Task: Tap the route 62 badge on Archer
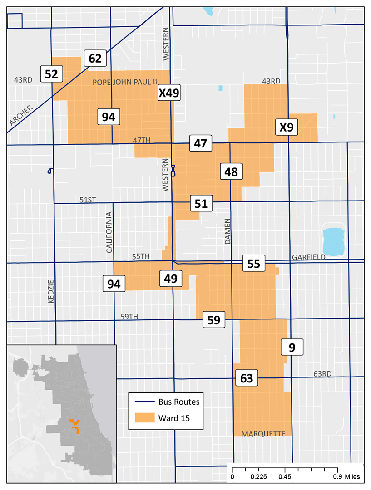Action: (95, 59)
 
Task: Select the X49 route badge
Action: (169, 93)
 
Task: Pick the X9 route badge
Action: (286, 127)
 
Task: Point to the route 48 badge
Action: (231, 172)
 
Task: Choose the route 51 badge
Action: (201, 203)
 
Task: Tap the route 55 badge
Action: (254, 263)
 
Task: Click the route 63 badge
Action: (247, 378)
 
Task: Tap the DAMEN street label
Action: (228, 231)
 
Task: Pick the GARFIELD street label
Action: (308, 257)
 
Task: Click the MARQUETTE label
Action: (263, 434)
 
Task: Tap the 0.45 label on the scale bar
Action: (285, 477)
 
